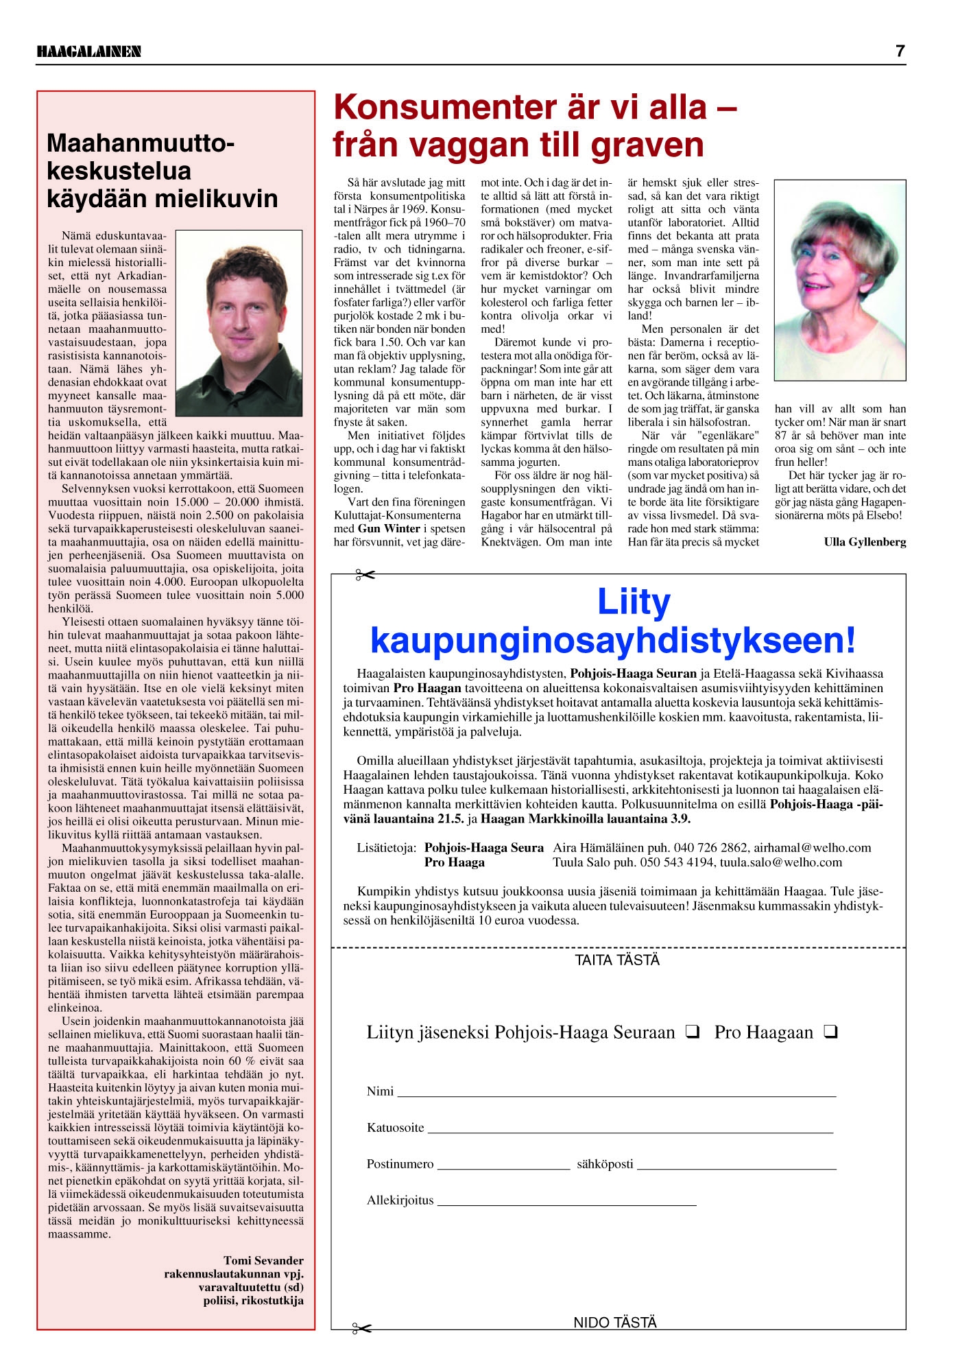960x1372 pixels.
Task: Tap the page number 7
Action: click(900, 51)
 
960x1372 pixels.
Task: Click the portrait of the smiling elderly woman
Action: click(840, 280)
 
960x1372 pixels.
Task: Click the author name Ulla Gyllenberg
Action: click(865, 542)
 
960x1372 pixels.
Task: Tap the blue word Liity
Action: click(634, 602)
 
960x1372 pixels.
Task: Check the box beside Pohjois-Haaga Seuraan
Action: click(692, 1032)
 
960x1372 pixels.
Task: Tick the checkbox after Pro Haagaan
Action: click(831, 1032)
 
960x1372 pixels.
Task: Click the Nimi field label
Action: click(380, 1091)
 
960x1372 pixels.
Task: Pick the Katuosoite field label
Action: click(395, 1128)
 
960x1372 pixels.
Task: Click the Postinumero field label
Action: click(400, 1164)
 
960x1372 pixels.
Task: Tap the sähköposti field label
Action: click(605, 1164)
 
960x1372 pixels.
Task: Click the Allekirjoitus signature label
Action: click(400, 1200)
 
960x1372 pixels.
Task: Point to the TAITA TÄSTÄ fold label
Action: click(617, 960)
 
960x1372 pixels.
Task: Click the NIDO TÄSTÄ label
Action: click(615, 1323)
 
